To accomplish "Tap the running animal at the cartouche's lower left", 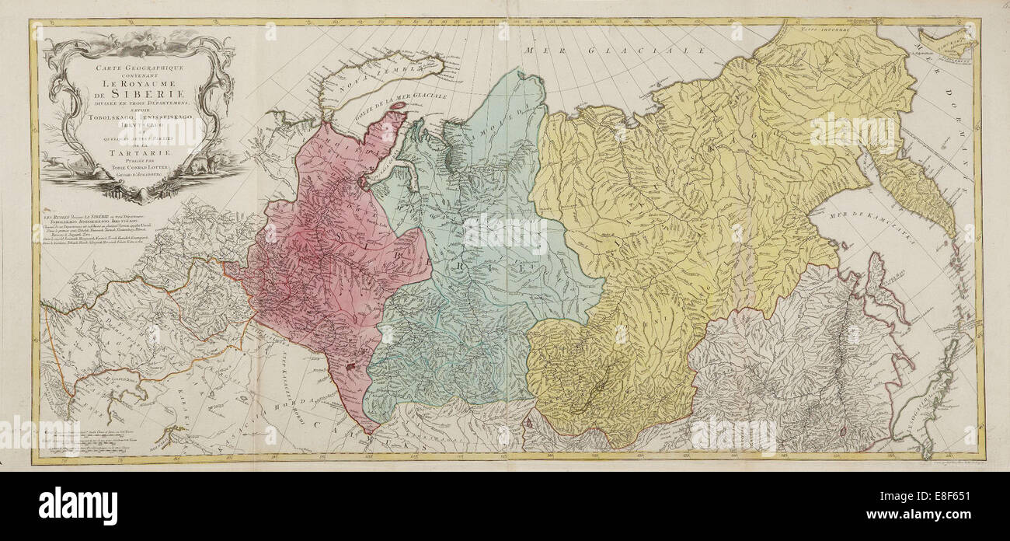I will (59, 162).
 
